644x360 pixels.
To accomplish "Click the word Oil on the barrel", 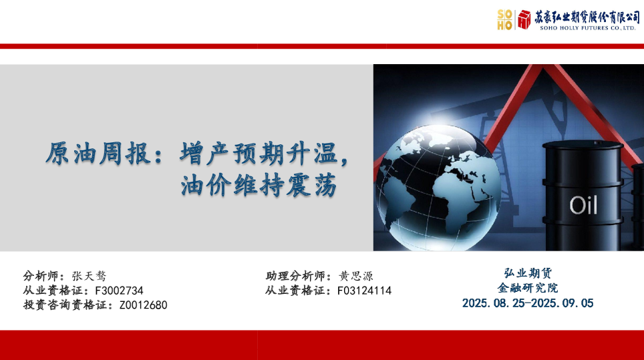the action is (x=583, y=205).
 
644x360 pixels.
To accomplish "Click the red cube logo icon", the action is (x=524, y=19).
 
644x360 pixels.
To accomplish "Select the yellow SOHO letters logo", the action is (x=505, y=20).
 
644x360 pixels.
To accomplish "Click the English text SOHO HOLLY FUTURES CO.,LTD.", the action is (x=587, y=28).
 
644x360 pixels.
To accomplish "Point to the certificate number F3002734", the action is (x=119, y=291).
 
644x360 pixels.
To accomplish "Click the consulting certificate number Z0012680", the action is (x=144, y=305).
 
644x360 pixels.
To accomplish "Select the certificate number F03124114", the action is (x=364, y=291).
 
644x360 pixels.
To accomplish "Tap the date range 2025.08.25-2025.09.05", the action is (x=528, y=303).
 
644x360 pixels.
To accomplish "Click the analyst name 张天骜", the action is (x=89, y=276).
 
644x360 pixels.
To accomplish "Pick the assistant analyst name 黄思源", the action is (x=355, y=276).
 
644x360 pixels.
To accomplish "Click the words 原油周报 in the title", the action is (x=98, y=154).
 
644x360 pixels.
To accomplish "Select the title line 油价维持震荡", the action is (x=259, y=186).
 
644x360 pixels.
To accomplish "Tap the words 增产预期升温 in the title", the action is (x=259, y=154).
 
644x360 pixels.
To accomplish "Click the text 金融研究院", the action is (x=528, y=288).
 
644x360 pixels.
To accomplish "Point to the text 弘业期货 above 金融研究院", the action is (x=528, y=273).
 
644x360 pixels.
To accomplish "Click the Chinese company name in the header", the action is (x=587, y=17).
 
